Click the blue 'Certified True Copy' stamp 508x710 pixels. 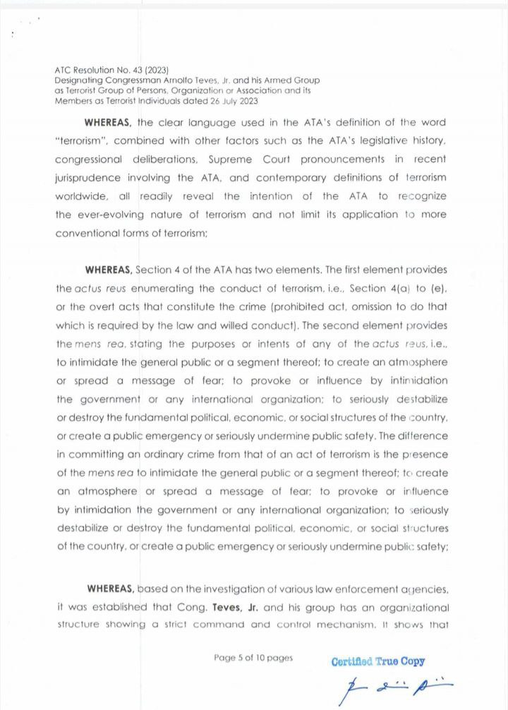coord(377,661)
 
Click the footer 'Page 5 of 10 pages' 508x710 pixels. coord(253,658)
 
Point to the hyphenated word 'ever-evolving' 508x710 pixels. coord(118,215)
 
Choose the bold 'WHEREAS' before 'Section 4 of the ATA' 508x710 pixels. coord(108,270)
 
